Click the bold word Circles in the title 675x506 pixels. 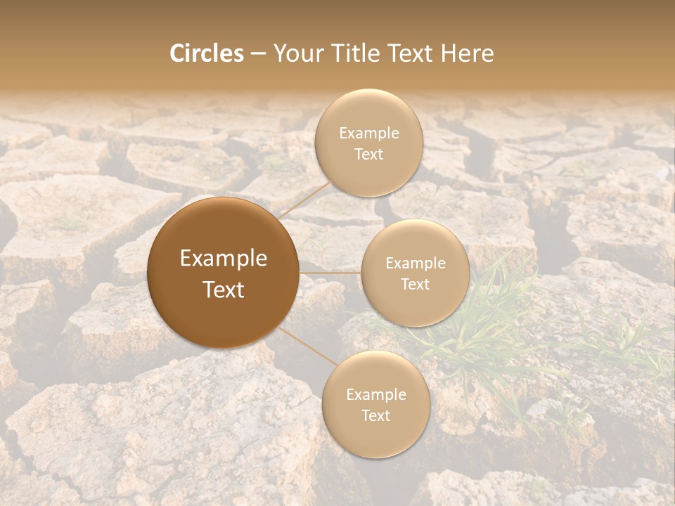pyautogui.click(x=207, y=53)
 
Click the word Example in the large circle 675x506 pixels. pyautogui.click(x=224, y=259)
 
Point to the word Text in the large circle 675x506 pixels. pyautogui.click(x=224, y=290)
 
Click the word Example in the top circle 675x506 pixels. pyautogui.click(x=369, y=134)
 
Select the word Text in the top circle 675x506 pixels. pyautogui.click(x=368, y=155)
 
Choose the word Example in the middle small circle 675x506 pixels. pyautogui.click(x=416, y=264)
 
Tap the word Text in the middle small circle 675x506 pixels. pyautogui.click(x=415, y=285)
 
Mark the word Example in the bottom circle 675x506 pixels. pyautogui.click(x=376, y=395)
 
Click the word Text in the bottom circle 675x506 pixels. pyautogui.click(x=375, y=416)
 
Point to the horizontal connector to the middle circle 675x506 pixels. pyautogui.click(x=330, y=273)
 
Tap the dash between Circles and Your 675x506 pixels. pyautogui.click(x=258, y=54)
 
